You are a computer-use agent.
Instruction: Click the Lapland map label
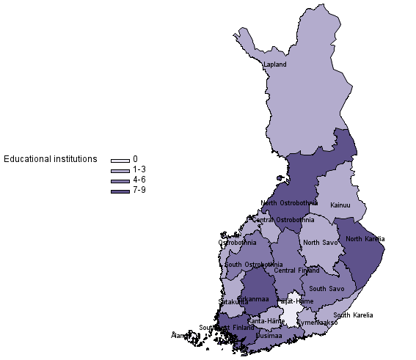click(274, 65)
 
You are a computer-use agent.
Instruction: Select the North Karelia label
click(365, 239)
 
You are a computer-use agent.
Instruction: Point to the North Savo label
click(321, 243)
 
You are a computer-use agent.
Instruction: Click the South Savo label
click(326, 289)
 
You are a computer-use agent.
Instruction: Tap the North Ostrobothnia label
click(289, 203)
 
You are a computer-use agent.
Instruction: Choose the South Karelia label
click(353, 315)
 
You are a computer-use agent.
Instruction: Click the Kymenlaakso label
click(317, 322)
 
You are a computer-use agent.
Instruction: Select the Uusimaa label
click(269, 335)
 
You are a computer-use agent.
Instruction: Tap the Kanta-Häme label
click(266, 321)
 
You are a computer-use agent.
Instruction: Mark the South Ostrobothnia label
click(254, 265)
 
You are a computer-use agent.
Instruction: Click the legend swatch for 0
click(120, 160)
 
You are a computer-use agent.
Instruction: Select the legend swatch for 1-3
click(120, 170)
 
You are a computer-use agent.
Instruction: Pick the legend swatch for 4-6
click(120, 180)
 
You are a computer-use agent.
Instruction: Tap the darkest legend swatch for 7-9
click(120, 191)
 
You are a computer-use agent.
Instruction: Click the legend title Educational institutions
click(51, 159)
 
